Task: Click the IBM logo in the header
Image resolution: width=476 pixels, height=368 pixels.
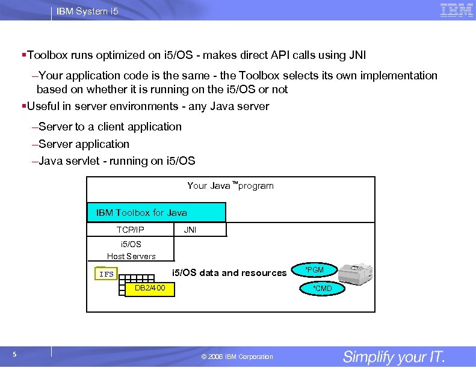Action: click(456, 10)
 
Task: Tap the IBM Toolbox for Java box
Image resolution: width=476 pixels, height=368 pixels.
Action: click(156, 212)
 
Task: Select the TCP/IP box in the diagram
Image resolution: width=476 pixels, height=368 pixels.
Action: click(131, 230)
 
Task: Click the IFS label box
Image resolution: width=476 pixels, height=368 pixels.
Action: click(107, 274)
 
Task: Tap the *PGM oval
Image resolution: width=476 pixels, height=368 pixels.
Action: click(314, 270)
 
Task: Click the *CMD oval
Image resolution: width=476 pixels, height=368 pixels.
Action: click(322, 289)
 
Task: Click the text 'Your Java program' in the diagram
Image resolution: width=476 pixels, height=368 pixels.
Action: click(230, 186)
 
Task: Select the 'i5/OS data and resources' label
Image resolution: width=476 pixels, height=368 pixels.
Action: click(229, 273)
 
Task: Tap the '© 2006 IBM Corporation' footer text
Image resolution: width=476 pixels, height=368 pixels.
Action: click(236, 357)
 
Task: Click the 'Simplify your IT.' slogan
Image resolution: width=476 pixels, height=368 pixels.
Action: click(394, 357)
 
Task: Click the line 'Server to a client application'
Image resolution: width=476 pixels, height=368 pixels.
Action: click(110, 127)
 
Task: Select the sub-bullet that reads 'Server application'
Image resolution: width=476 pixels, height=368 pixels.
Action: click(84, 144)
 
